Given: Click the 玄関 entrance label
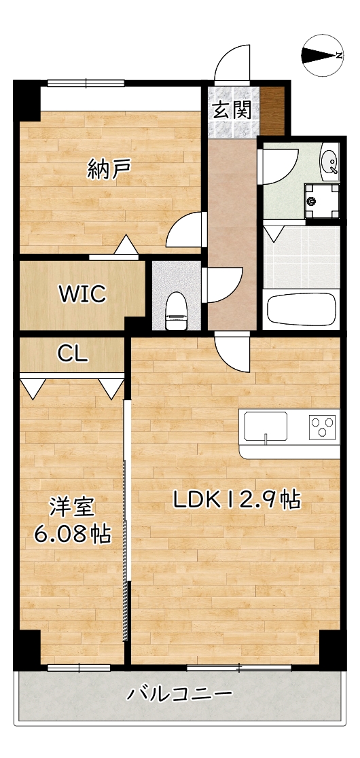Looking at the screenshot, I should tap(233, 109).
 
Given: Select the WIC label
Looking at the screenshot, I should tap(82, 294).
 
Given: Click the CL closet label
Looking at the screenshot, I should tap(71, 353).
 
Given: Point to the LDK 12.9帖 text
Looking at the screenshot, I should tap(236, 501).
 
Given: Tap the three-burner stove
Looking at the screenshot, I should tap(323, 426).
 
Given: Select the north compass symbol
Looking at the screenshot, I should tap(321, 55).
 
